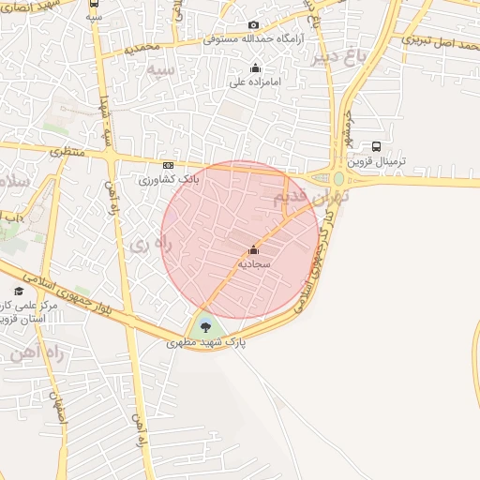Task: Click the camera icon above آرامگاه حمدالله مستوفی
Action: click(253, 25)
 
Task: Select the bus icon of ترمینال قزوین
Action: click(376, 146)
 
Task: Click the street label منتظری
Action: click(67, 150)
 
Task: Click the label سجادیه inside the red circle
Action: click(253, 264)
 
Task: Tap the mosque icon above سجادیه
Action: click(253, 249)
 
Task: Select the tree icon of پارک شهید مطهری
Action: click(205, 327)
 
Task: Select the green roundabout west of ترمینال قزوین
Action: click(337, 178)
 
